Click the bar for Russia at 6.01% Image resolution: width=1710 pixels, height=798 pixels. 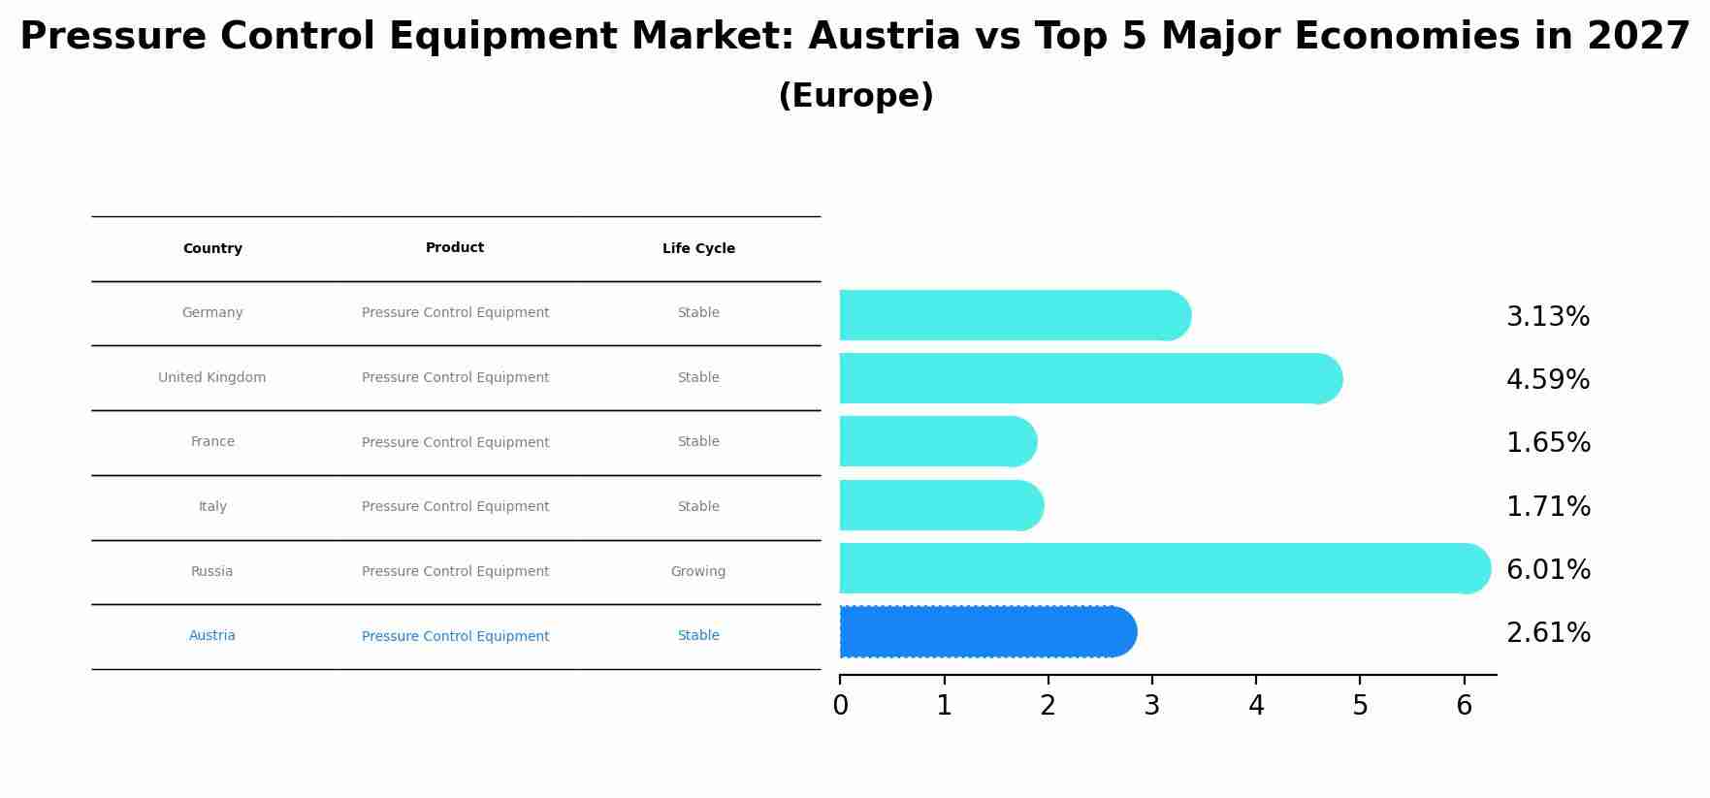tap(1164, 568)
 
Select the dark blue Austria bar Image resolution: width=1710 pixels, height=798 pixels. tap(987, 632)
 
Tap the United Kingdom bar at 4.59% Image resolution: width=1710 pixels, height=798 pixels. tap(1090, 378)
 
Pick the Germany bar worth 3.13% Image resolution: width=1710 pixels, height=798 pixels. tap(1015, 315)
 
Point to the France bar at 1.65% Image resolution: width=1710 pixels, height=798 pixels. tap(938, 441)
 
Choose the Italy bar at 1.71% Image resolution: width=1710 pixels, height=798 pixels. tap(941, 505)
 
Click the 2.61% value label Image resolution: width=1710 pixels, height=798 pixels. tap(1548, 633)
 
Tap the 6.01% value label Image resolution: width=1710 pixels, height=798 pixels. tap(1548, 570)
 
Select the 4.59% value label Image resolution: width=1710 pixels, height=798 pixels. tap(1548, 380)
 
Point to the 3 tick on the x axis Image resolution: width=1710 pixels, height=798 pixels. tap(1152, 706)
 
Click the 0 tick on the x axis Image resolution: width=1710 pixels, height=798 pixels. tap(840, 706)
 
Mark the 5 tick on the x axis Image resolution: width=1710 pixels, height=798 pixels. tap(1360, 706)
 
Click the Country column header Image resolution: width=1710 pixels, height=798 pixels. tap(212, 249)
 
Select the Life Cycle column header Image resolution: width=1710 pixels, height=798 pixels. tap(698, 249)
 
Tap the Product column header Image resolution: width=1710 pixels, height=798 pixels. tap(455, 248)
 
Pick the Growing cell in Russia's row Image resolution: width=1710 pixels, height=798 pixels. tap(698, 572)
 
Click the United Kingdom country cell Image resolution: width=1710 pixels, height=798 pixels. tap(212, 378)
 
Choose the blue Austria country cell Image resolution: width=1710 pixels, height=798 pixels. tap(212, 636)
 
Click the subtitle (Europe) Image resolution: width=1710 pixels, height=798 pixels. tap(855, 96)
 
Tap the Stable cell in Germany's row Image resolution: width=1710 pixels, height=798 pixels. tap(698, 313)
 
